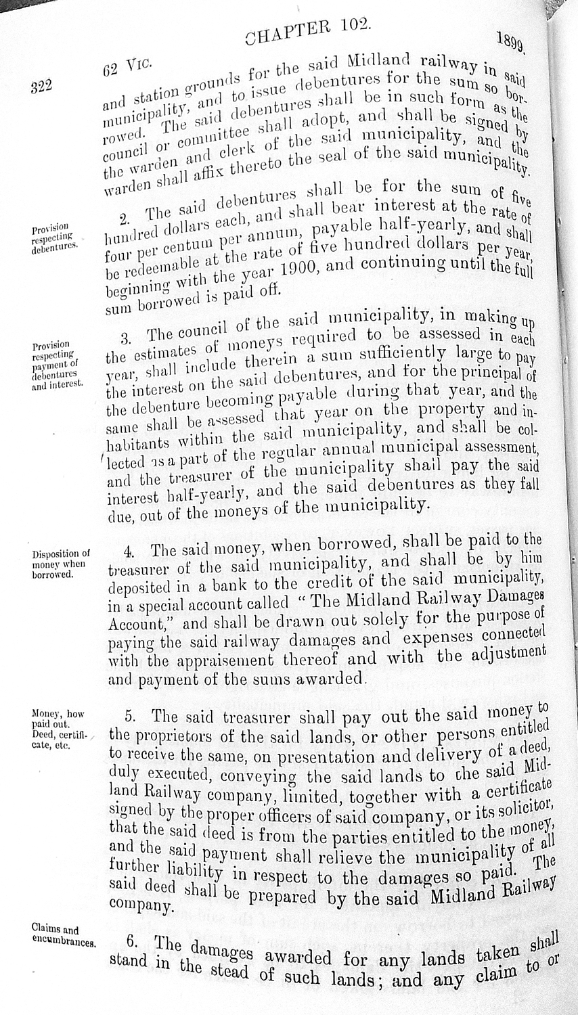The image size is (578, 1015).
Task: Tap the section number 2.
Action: (124, 218)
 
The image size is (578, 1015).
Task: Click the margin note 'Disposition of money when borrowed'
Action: (61, 564)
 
